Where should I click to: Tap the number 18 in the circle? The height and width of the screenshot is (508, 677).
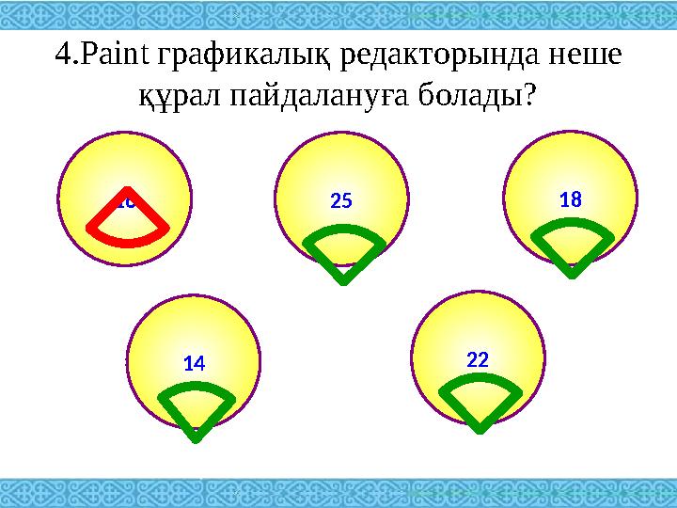coord(570,199)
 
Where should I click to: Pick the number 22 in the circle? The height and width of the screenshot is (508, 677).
coord(478,359)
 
